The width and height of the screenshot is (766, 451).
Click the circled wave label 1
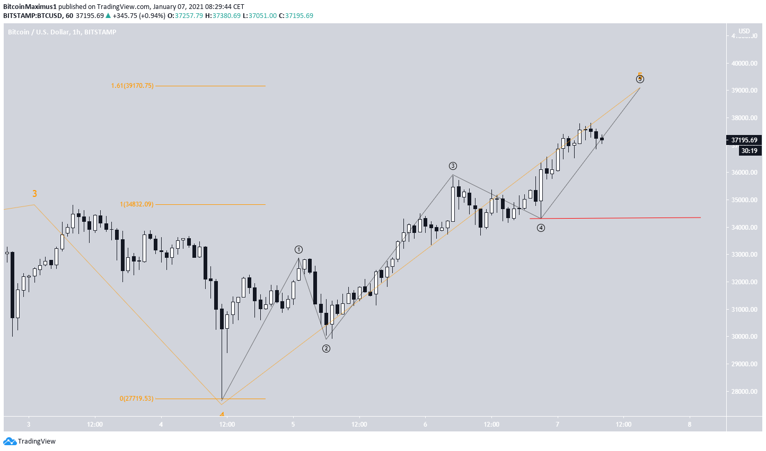(x=299, y=249)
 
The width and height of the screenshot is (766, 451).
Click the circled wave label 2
(x=326, y=348)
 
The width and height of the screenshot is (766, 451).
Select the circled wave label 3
(x=453, y=166)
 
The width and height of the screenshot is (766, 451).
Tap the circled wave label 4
(x=540, y=228)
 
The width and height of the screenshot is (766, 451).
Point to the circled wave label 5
(x=640, y=79)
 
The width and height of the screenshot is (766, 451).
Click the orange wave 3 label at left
(x=34, y=194)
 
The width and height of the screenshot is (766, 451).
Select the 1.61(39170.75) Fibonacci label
(x=132, y=86)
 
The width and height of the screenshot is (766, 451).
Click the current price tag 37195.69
(x=743, y=140)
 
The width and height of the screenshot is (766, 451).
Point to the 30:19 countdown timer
(x=749, y=151)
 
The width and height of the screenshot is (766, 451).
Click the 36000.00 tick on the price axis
(x=744, y=173)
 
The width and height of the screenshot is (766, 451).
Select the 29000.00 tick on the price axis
(x=744, y=364)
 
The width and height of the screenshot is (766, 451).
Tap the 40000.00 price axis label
(x=744, y=63)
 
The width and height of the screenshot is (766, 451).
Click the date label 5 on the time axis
(x=293, y=424)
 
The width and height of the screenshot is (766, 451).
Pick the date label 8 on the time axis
(x=690, y=424)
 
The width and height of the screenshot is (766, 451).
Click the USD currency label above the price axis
(x=744, y=31)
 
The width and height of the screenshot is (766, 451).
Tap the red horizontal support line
(x=620, y=218)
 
